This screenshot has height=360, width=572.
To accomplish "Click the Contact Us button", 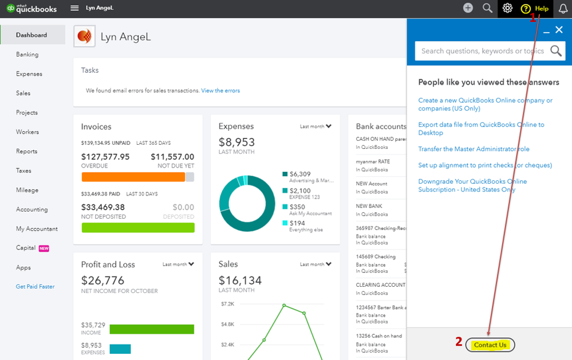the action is pos(490,345).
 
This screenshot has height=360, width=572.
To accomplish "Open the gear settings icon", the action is pos(507,8).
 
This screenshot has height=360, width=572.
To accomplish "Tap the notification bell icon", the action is pos(563,9).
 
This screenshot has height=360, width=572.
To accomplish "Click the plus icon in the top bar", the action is pos(468,7).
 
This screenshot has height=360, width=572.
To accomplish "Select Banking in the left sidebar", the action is pos(27,54).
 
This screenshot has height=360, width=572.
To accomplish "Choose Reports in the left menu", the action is pos(27,151).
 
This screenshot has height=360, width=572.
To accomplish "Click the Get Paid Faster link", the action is pos(35,286).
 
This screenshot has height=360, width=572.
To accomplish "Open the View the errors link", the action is pos(220,90).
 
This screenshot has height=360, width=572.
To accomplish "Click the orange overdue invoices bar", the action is pos(133,177).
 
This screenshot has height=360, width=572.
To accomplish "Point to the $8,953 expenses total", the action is pos(236,142).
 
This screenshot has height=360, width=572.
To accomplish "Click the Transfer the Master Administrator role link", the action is pos(474,149).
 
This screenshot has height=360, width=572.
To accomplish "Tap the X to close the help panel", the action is pos(559,30).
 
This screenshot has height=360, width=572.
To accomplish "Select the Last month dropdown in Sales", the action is pos(315,264).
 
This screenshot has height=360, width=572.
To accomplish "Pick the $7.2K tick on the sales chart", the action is pos(227,303).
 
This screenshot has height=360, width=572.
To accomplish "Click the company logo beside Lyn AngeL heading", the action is pos(84,36).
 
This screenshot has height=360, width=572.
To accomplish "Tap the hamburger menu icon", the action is pos(74,7).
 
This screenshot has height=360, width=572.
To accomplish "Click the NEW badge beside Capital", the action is pos(44,248).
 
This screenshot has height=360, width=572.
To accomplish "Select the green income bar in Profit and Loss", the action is pos(152,329).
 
